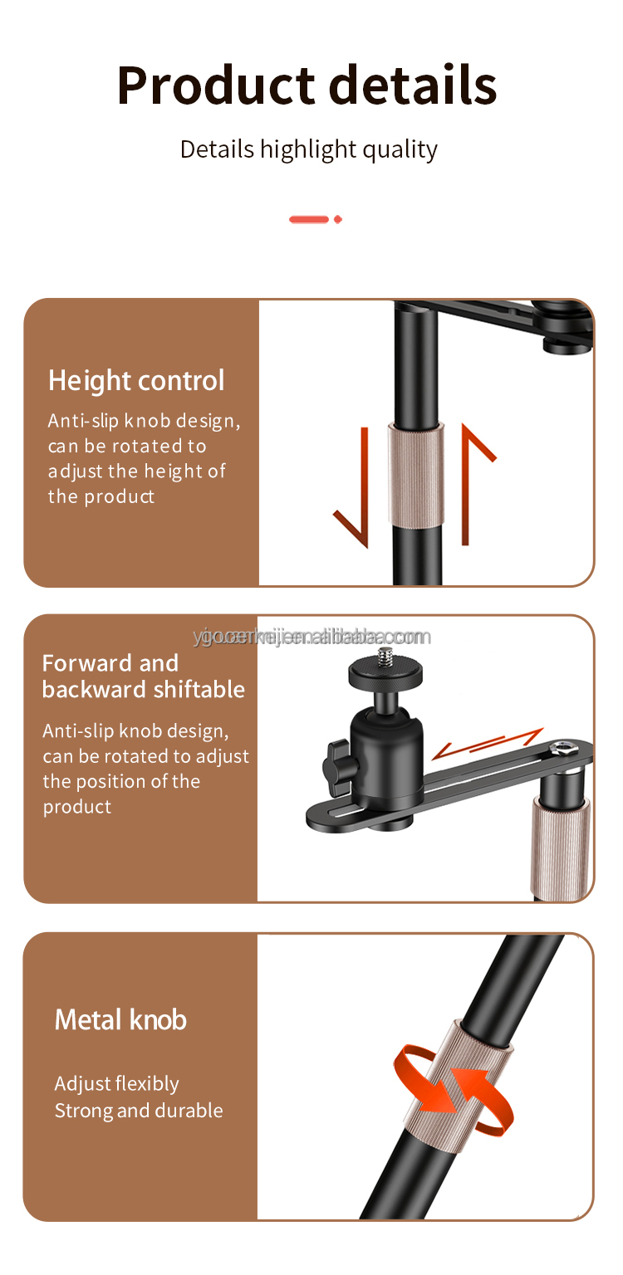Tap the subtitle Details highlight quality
[308, 149]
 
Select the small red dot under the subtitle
[338, 219]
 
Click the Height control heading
[136, 380]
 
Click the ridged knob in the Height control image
[415, 475]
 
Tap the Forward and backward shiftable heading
[143, 676]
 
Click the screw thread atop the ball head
[385, 657]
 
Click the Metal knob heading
[120, 1019]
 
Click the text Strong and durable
[139, 1111]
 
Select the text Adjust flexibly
[116, 1084]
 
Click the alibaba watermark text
[312, 637]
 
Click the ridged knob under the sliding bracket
[561, 847]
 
